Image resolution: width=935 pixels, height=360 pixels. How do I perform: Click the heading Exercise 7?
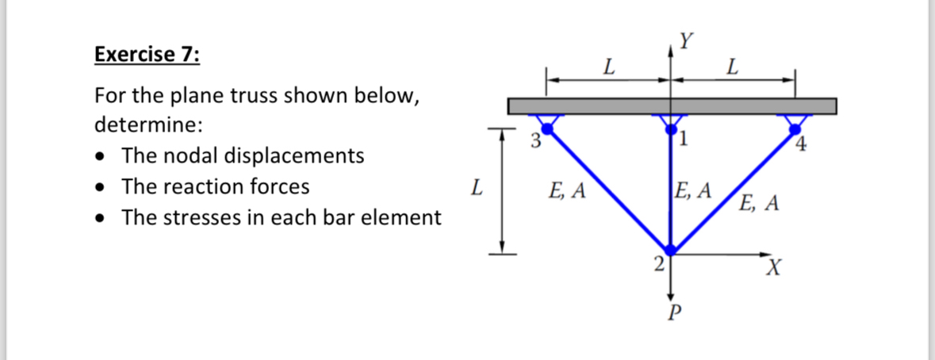pos(148,55)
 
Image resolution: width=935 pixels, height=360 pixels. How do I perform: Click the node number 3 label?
pos(535,143)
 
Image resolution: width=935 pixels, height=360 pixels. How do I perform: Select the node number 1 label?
pos(684,143)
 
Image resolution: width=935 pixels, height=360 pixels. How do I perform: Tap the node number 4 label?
pos(802,145)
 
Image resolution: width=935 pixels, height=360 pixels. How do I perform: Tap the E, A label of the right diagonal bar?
pos(759,204)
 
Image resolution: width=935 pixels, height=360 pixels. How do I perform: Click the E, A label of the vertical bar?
pos(693,190)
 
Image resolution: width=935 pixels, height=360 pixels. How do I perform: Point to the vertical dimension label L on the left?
pos(474,189)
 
